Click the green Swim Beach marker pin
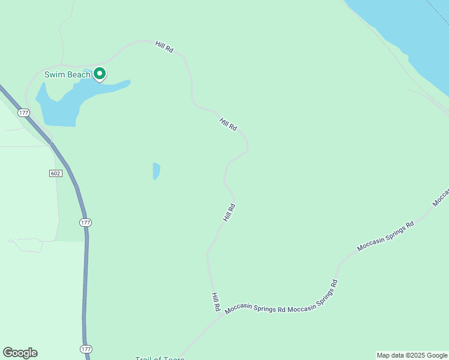100,74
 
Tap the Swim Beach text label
67,75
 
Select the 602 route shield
55,173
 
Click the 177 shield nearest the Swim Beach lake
23,113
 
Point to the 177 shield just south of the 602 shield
85,223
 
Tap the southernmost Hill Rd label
215,302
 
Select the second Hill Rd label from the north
229,125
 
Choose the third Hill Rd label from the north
229,213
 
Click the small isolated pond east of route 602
157,171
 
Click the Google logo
20,353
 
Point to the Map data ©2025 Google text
412,355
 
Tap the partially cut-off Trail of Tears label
159,358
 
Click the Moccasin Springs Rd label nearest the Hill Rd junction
255,310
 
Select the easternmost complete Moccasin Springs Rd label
385,236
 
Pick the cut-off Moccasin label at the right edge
441,197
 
